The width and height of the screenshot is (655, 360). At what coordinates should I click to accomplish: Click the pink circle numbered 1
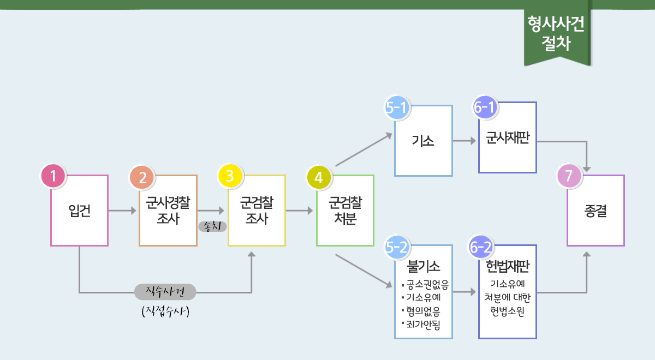point(53,176)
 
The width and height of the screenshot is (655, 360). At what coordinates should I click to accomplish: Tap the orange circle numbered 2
point(142,177)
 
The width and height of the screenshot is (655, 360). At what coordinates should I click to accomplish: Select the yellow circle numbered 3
point(230,176)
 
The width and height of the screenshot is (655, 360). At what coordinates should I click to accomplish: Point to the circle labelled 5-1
point(397,107)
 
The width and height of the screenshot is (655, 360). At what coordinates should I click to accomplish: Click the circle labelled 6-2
point(481,247)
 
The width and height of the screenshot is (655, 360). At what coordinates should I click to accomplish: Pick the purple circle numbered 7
point(569,177)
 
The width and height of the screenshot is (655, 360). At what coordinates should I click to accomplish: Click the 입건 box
point(79,211)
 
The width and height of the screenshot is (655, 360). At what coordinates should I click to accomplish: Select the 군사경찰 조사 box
point(168,211)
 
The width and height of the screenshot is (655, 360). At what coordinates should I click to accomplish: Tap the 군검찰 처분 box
point(345,211)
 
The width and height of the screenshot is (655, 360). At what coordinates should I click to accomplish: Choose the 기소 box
point(424,141)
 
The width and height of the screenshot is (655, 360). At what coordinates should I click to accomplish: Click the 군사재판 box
point(508,137)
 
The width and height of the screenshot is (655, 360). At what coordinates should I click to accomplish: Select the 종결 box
point(596,211)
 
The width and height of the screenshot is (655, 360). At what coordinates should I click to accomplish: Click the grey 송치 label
point(212,225)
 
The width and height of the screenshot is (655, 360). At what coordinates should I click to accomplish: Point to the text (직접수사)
point(165,311)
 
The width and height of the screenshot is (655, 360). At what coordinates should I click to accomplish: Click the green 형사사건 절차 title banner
point(557,34)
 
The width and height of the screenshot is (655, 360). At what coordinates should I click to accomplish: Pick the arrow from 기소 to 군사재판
point(465,141)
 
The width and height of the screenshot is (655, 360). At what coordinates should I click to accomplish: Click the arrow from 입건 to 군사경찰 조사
point(123,211)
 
